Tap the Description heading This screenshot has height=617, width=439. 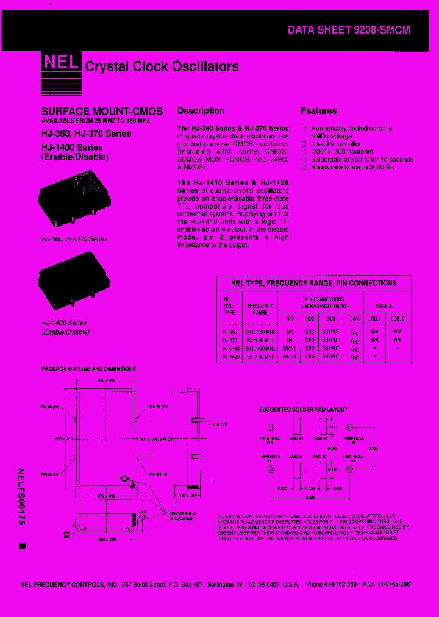click(201, 111)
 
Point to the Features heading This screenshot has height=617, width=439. click(318, 111)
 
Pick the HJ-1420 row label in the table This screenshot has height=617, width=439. click(230, 357)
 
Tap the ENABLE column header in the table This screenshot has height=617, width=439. click(384, 305)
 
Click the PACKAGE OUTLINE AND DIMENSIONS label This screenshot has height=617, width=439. click(88, 369)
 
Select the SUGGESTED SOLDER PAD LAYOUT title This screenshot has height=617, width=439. click(303, 410)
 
